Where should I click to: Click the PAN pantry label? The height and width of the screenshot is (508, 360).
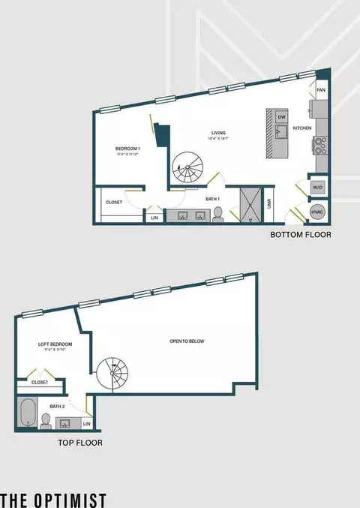click(321, 90)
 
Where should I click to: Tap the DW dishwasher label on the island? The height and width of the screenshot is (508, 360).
click(281, 117)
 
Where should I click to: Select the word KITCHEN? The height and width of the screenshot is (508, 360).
click(302, 128)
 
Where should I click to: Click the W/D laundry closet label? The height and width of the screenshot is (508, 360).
click(317, 187)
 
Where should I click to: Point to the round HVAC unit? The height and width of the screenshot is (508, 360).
click(318, 213)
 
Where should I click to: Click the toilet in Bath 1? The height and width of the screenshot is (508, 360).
click(218, 215)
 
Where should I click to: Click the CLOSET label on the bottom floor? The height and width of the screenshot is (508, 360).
click(114, 202)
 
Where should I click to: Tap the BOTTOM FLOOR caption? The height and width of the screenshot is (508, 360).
click(301, 235)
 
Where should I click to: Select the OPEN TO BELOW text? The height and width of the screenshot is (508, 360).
click(187, 341)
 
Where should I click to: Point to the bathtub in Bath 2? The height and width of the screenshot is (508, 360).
click(27, 413)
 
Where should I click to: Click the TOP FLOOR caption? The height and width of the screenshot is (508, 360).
click(80, 443)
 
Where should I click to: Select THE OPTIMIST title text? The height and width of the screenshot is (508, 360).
click(53, 499)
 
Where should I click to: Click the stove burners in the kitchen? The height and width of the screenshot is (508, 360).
click(322, 146)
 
